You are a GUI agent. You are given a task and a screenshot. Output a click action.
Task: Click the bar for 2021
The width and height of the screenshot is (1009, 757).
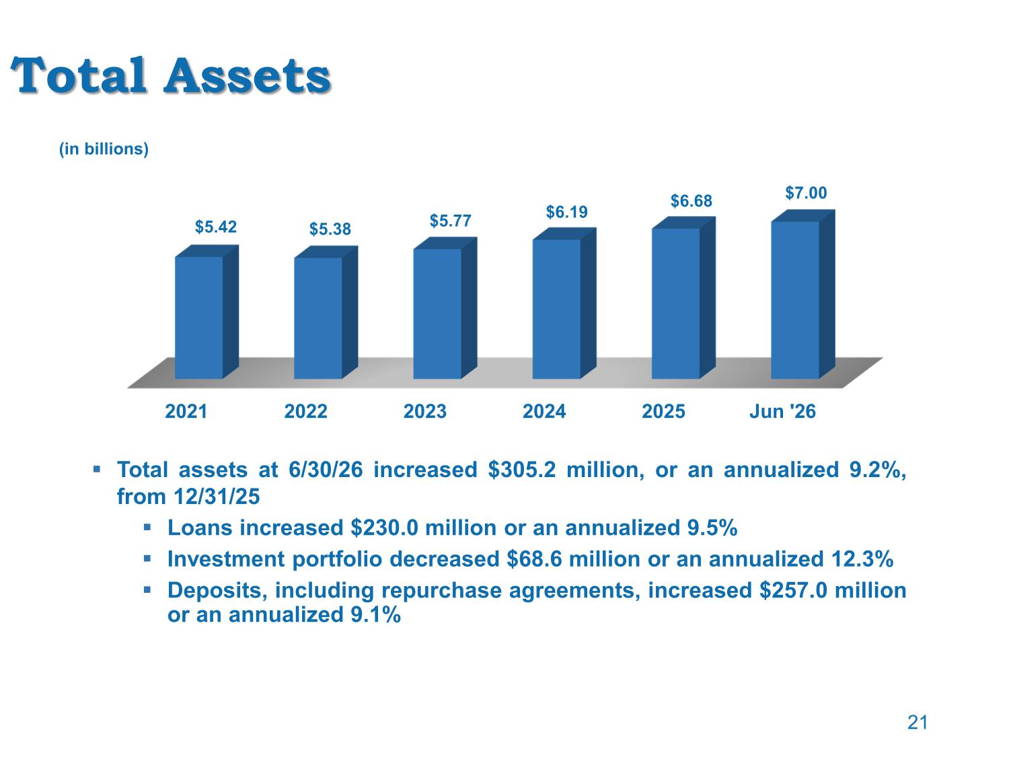(207, 312)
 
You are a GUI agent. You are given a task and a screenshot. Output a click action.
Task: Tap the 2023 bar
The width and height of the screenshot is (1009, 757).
(445, 308)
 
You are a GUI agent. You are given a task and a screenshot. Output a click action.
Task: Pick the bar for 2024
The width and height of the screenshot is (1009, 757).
(564, 303)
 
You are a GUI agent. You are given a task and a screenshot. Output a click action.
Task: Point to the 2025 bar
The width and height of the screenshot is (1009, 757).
(683, 298)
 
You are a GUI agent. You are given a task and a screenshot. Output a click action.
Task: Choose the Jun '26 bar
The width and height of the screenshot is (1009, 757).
(803, 295)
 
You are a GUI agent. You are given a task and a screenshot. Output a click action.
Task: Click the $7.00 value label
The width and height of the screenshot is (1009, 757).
(806, 192)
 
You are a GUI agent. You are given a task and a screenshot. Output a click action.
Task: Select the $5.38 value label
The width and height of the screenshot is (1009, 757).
(330, 229)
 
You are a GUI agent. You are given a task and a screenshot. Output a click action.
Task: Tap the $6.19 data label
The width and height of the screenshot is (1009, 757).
(567, 212)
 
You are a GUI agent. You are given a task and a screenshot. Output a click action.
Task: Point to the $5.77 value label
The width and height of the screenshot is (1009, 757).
(451, 221)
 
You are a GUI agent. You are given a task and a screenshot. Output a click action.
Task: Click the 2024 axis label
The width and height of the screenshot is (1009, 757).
(544, 411)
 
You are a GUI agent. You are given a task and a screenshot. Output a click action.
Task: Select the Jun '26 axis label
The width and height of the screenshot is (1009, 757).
(782, 411)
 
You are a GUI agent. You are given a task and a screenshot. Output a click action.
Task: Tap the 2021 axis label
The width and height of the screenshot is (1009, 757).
(186, 411)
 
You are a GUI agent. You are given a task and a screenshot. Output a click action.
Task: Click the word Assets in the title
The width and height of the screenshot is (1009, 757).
(248, 75)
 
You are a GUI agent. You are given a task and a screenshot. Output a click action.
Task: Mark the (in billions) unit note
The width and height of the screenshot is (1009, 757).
(104, 149)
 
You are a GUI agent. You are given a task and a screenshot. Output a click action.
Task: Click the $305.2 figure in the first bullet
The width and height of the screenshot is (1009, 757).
(522, 470)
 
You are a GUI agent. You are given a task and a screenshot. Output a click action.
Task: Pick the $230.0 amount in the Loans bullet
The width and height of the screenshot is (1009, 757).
(384, 528)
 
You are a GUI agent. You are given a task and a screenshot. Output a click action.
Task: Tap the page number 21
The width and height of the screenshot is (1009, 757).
(918, 723)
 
